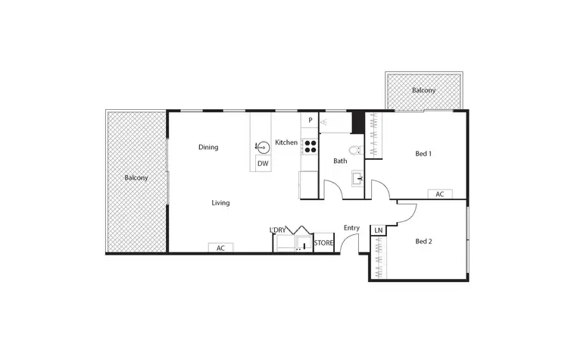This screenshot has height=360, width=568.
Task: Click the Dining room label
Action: tap(208, 147)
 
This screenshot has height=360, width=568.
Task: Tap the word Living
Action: tap(220, 203)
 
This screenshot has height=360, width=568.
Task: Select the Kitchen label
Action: tap(286, 142)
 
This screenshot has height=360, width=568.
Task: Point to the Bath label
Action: tap(340, 161)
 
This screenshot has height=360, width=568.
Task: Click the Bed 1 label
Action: tap(423, 154)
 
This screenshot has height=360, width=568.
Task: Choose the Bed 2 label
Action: tap(423, 242)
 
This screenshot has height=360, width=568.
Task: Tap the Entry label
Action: tap(351, 228)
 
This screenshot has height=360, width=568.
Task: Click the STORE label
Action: tap(323, 243)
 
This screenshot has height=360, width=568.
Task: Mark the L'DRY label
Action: tap(278, 230)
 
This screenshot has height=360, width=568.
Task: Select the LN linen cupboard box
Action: tap(378, 230)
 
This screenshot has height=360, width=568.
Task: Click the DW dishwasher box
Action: tap(263, 163)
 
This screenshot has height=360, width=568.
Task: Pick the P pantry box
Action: tap(311, 120)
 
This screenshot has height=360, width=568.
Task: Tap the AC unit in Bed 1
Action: tap(439, 194)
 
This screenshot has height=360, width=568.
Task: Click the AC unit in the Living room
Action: tap(221, 248)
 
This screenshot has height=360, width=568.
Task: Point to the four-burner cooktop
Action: tap(311, 146)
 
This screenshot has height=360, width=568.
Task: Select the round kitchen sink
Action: tap(263, 147)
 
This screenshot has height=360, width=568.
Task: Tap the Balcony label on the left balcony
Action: tap(136, 178)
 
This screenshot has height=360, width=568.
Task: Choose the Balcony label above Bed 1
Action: tap(423, 91)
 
